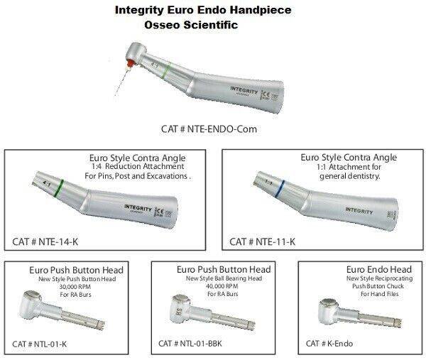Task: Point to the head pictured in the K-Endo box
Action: coord(329,310)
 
